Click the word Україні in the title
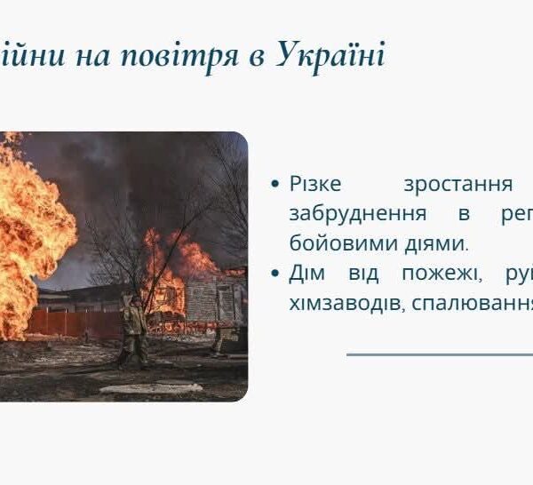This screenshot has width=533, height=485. [330, 55]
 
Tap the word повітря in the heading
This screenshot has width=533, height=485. [180, 57]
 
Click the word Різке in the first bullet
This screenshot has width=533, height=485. [315, 184]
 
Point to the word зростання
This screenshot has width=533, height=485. [458, 185]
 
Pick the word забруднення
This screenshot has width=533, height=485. [358, 213]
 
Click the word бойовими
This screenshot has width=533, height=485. [344, 243]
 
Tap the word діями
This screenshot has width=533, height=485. [436, 243]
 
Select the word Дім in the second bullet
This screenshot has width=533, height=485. [307, 273]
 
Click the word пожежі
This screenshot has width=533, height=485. [442, 274]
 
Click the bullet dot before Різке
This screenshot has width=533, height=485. [274, 185]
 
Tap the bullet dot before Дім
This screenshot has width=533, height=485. [274, 274]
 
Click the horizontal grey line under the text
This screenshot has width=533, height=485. [440, 354]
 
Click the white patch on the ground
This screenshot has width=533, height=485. [151, 388]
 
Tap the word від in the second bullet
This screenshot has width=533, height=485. [363, 274]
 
